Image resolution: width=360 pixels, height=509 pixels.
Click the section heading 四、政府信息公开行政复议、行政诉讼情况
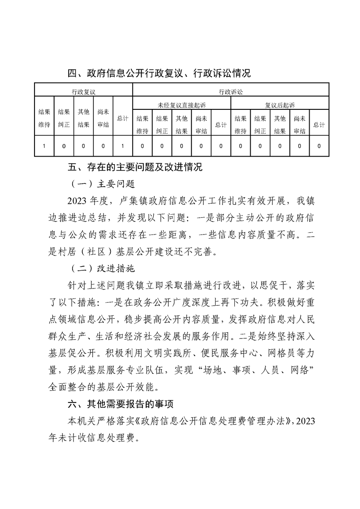point(159,73)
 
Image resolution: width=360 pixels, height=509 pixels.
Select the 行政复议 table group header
point(84,91)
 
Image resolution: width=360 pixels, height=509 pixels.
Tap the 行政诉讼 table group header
point(231,91)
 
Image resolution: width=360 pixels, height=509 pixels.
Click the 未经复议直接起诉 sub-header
point(182,105)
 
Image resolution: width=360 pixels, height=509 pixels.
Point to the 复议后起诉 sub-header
point(280,105)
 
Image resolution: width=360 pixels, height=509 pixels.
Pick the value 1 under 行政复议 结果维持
point(44,147)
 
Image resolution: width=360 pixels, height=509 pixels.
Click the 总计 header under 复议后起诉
point(319,125)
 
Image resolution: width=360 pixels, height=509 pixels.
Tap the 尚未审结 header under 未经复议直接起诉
point(201,124)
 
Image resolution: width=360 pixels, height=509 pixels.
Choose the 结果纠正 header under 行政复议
point(64,118)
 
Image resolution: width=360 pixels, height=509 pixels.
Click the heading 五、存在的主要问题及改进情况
point(134,167)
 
